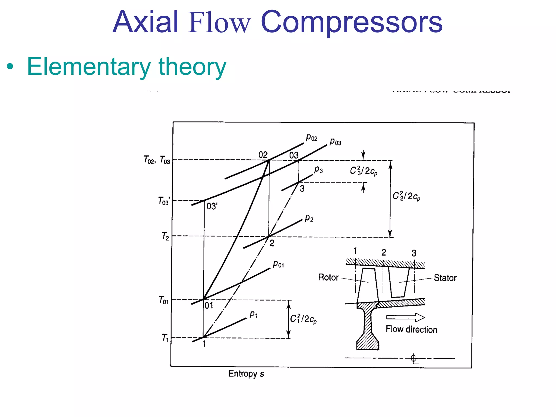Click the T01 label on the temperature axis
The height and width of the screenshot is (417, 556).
164,300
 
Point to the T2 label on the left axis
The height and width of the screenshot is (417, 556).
165,236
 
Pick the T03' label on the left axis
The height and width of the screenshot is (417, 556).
164,201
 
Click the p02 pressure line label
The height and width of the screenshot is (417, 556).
311,138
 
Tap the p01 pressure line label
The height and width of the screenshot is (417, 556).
278,264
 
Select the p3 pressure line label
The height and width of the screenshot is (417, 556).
318,170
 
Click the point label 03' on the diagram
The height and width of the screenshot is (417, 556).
212,206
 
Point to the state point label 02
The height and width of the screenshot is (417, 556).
263,155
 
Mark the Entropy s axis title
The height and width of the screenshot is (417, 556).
246,374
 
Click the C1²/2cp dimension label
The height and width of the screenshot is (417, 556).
303,319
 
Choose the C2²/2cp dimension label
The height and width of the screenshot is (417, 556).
406,196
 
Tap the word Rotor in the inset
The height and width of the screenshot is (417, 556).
328,277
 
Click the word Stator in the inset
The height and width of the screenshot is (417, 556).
445,278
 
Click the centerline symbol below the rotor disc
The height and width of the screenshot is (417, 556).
413,359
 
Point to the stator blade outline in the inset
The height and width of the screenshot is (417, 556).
399,282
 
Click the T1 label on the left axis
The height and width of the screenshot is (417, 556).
165,338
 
